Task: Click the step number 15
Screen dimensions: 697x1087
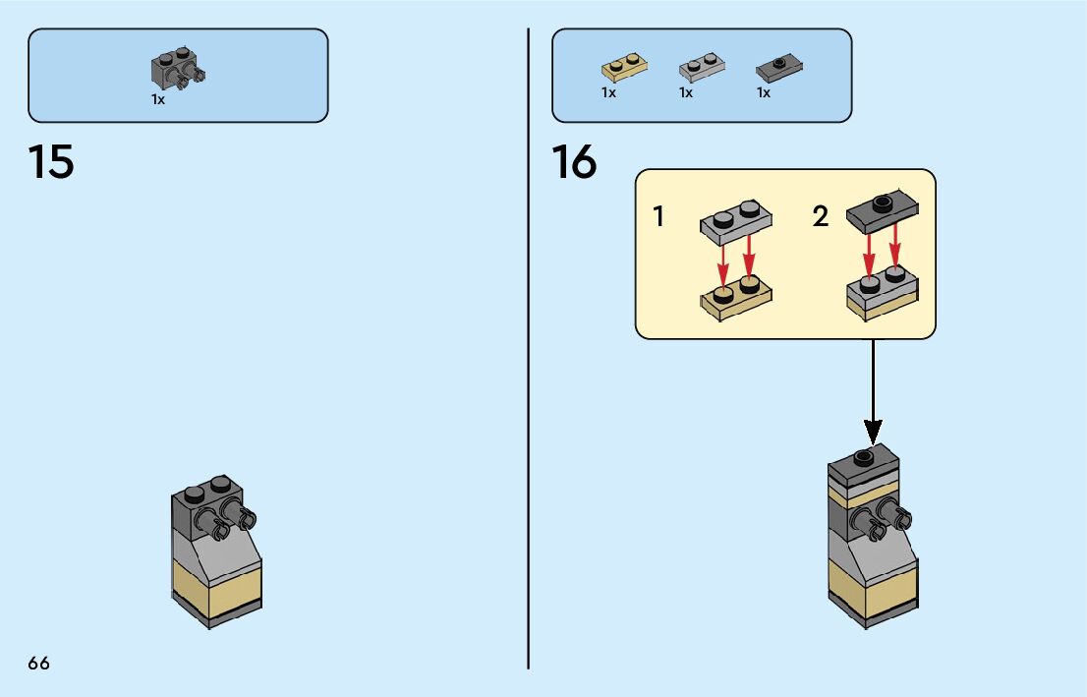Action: pyautogui.click(x=51, y=162)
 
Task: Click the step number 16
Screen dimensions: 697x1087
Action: pyautogui.click(x=574, y=162)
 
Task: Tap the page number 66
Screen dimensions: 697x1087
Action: pyautogui.click(x=39, y=664)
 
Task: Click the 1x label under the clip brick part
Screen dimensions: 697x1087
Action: pyautogui.click(x=158, y=99)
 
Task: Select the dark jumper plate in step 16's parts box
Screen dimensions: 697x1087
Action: pyautogui.click(x=779, y=68)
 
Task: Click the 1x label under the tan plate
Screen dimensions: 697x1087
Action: pyautogui.click(x=608, y=92)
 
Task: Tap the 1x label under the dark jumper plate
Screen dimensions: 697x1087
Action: pyautogui.click(x=764, y=92)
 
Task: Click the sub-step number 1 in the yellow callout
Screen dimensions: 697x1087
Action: pyautogui.click(x=658, y=216)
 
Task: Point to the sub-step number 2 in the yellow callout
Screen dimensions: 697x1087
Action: pyautogui.click(x=821, y=216)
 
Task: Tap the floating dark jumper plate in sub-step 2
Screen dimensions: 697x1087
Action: pyautogui.click(x=882, y=212)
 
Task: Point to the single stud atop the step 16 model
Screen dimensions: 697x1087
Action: pyautogui.click(x=864, y=455)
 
